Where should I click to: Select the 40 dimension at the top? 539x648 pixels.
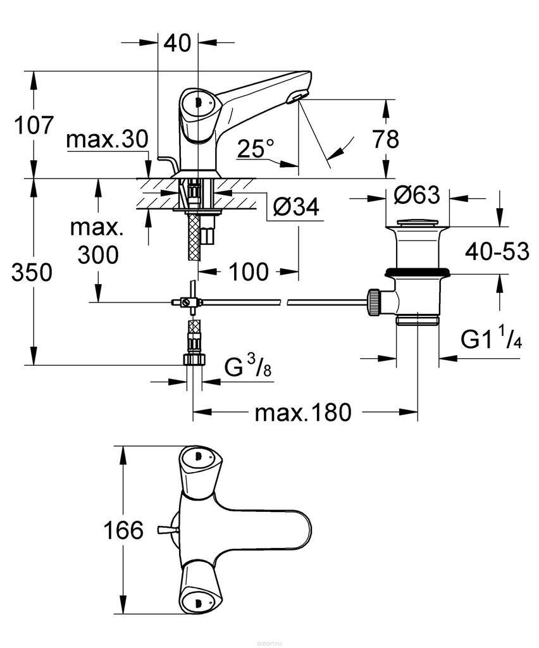coord(177,44)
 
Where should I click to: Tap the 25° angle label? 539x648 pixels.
coord(256,149)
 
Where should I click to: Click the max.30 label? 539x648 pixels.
coord(107,139)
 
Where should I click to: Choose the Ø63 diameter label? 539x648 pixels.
coord(416,196)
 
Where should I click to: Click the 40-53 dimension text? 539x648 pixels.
coord(497,251)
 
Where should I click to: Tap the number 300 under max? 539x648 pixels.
coord(98,254)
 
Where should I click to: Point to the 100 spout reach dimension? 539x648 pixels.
coord(248,272)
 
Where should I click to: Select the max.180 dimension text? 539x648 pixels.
coord(302,413)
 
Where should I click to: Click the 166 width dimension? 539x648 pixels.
coord(123,530)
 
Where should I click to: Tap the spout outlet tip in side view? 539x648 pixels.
coord(297,97)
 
